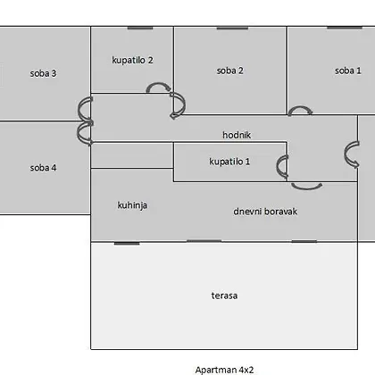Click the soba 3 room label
tap(43, 73)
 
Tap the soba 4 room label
tap(43, 168)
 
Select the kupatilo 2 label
tap(132, 60)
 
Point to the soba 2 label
tap(229, 71)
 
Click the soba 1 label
tap(348, 71)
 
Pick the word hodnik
tap(237, 135)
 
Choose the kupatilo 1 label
tap(229, 162)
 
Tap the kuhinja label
tap(132, 205)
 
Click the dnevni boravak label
tap(265, 212)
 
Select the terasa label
tap(224, 296)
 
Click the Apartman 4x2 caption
tap(224, 370)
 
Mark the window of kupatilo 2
tap(140, 28)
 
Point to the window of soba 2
tap(232, 28)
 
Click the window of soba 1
tap(345, 28)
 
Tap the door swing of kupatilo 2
tap(158, 84)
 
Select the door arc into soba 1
tap(300, 107)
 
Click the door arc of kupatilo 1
tap(278, 166)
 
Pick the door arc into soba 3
tap(79, 109)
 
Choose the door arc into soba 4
tap(79, 133)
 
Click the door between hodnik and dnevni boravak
tap(306, 187)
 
